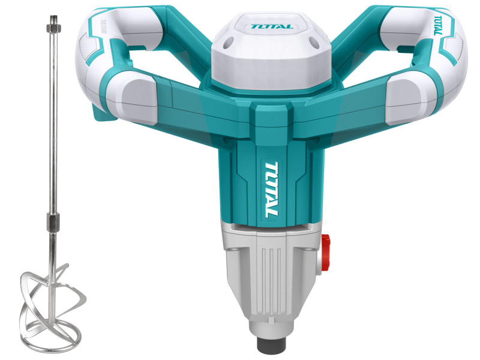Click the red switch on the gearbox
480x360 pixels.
point(325,253)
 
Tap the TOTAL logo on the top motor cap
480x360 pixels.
point(272,26)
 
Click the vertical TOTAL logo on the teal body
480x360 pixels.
point(271,190)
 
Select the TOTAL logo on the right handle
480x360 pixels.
point(439,25)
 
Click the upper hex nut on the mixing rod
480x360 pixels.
point(53,28)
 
